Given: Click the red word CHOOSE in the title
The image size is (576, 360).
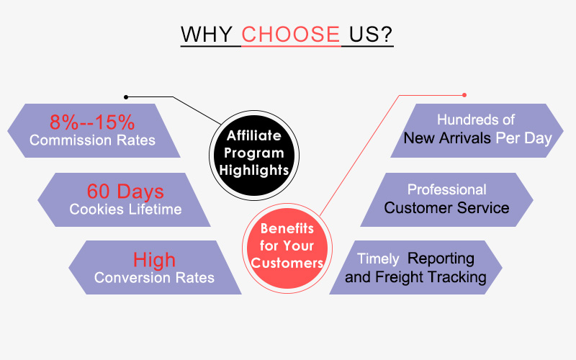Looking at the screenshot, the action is point(291,34).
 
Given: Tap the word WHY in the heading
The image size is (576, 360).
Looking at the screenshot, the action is point(207,34).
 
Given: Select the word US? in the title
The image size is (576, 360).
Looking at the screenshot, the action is point(371,34).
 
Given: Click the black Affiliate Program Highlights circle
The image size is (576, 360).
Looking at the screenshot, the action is point(254,156).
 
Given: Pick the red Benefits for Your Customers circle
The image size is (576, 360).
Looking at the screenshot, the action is point(287,248).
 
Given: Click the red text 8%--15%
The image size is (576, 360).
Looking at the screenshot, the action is point(92,122).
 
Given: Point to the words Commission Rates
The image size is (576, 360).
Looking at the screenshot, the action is point(92,140).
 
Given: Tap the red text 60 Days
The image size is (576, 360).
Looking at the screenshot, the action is point(125,191).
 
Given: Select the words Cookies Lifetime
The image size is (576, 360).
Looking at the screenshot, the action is point(125,210).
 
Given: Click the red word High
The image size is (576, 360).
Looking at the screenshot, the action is point(154,260).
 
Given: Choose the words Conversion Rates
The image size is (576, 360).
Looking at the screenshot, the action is point(154,278).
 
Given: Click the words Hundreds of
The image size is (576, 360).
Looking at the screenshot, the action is point(476,120).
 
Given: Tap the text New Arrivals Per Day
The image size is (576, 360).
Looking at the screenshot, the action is point(477,138).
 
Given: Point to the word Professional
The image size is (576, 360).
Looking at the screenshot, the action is point(446,189).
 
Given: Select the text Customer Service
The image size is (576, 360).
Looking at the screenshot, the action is point(446,208).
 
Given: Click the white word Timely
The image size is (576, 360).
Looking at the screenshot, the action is point(378,259).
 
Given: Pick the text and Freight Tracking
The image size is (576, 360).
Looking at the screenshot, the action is point(415,277).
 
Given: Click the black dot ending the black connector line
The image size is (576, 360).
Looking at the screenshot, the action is point(126,97).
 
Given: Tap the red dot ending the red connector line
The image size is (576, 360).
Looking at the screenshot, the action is point(464,95).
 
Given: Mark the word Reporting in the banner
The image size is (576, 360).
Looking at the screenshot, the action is point(441,259).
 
